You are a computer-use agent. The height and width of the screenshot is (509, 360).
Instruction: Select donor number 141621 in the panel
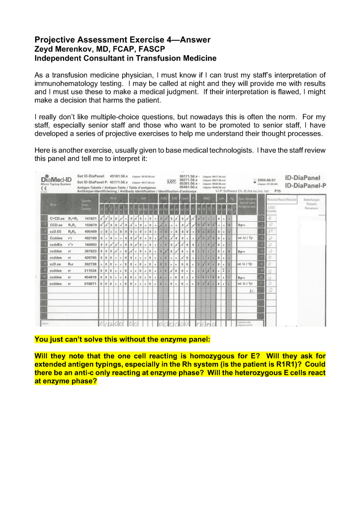tap(90, 218)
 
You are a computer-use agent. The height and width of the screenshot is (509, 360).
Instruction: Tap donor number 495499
tap(90, 232)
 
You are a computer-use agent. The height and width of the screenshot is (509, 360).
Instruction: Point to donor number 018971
tap(90, 284)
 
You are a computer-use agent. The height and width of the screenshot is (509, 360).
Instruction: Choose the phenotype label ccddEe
tap(56, 245)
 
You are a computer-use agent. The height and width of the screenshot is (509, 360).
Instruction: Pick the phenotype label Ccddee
tap(56, 238)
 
